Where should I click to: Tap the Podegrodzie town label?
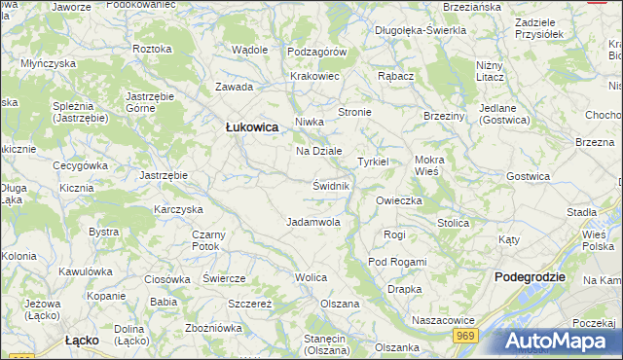pyautogui.click(x=530, y=276)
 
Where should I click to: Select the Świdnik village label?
pyautogui.click(x=331, y=185)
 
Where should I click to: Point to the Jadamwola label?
pyautogui.click(x=312, y=222)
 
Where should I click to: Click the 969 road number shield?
pyautogui.click(x=464, y=335)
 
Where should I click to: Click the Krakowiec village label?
pyautogui.click(x=314, y=76)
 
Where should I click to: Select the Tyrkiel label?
pyautogui.click(x=373, y=162)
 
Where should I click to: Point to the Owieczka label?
pyautogui.click(x=398, y=200)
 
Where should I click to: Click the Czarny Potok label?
pyautogui.click(x=208, y=240)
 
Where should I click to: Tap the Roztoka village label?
pyautogui.click(x=152, y=49)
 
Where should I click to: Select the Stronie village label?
pyautogui.click(x=354, y=113)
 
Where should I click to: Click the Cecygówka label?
pyautogui.click(x=80, y=165)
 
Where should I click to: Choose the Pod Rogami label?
pyautogui.click(x=397, y=262)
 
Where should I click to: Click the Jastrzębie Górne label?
pyautogui.click(x=149, y=103)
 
